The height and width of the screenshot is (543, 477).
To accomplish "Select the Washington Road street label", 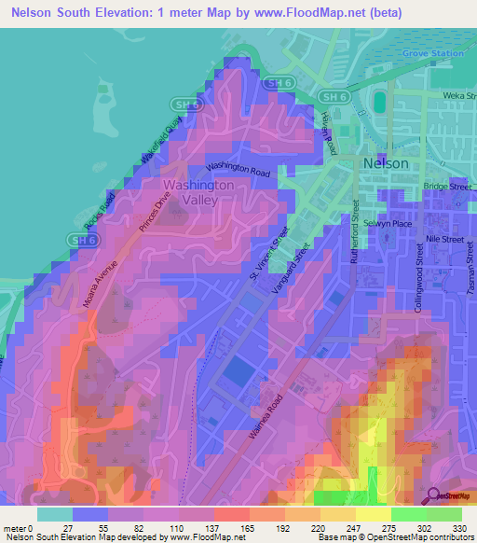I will tap(238, 169).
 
